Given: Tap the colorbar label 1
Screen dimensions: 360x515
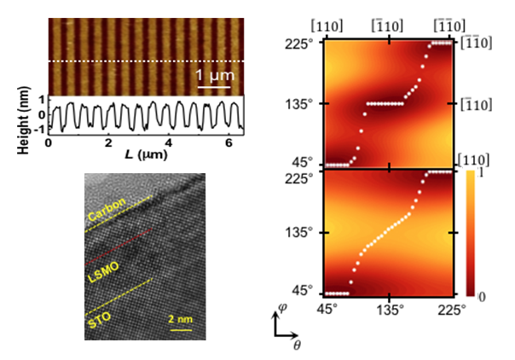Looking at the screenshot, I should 483,175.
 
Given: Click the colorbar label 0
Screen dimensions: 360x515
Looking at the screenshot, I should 483,295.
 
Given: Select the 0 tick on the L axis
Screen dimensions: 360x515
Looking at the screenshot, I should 49,142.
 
